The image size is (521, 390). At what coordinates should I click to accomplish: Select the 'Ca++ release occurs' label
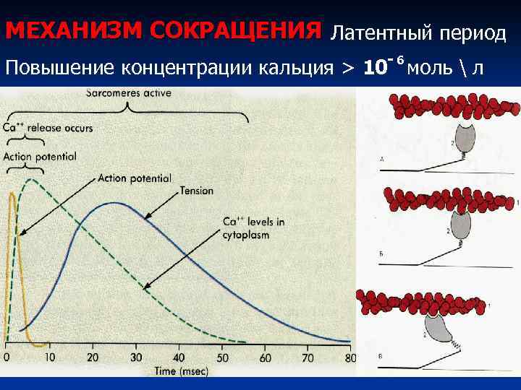click(48, 128)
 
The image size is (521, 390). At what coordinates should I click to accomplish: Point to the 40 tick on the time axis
click(178, 357)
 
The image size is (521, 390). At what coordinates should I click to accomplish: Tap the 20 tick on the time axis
click(92, 357)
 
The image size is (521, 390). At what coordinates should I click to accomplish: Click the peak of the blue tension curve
click(114, 203)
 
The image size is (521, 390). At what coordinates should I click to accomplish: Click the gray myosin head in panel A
click(463, 137)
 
